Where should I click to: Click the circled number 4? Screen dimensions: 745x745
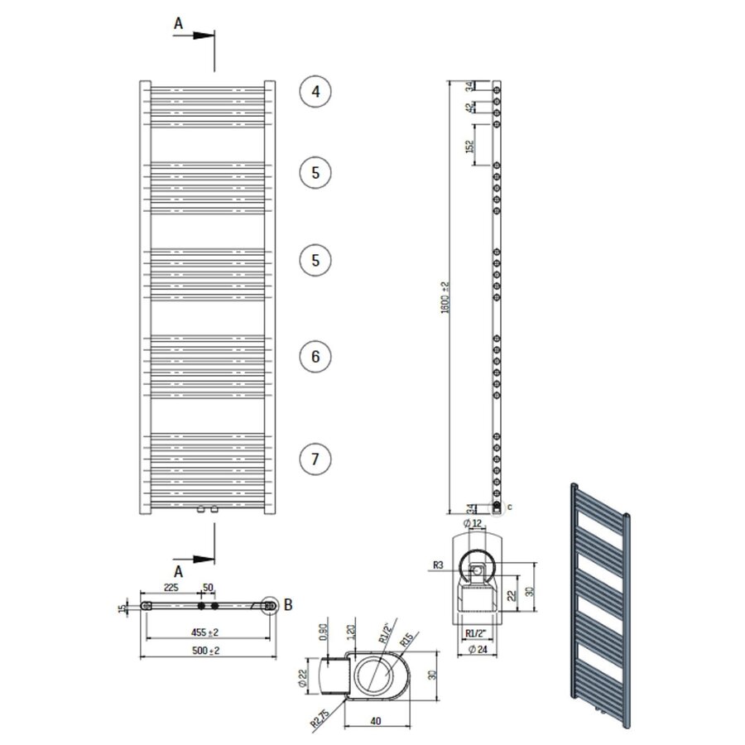pyautogui.click(x=315, y=91)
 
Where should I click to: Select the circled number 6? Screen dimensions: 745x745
pyautogui.click(x=315, y=357)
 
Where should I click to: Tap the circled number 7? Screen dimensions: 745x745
pyautogui.click(x=315, y=458)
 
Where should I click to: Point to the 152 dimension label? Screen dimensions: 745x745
pyautogui.click(x=469, y=147)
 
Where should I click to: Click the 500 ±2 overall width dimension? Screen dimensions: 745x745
pyautogui.click(x=207, y=651)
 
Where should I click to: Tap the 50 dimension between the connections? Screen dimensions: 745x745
pyautogui.click(x=208, y=587)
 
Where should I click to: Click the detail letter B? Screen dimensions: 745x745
pyautogui.click(x=288, y=604)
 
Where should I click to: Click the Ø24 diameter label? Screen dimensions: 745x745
pyautogui.click(x=475, y=649)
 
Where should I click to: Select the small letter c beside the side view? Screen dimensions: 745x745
pyautogui.click(x=509, y=506)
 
